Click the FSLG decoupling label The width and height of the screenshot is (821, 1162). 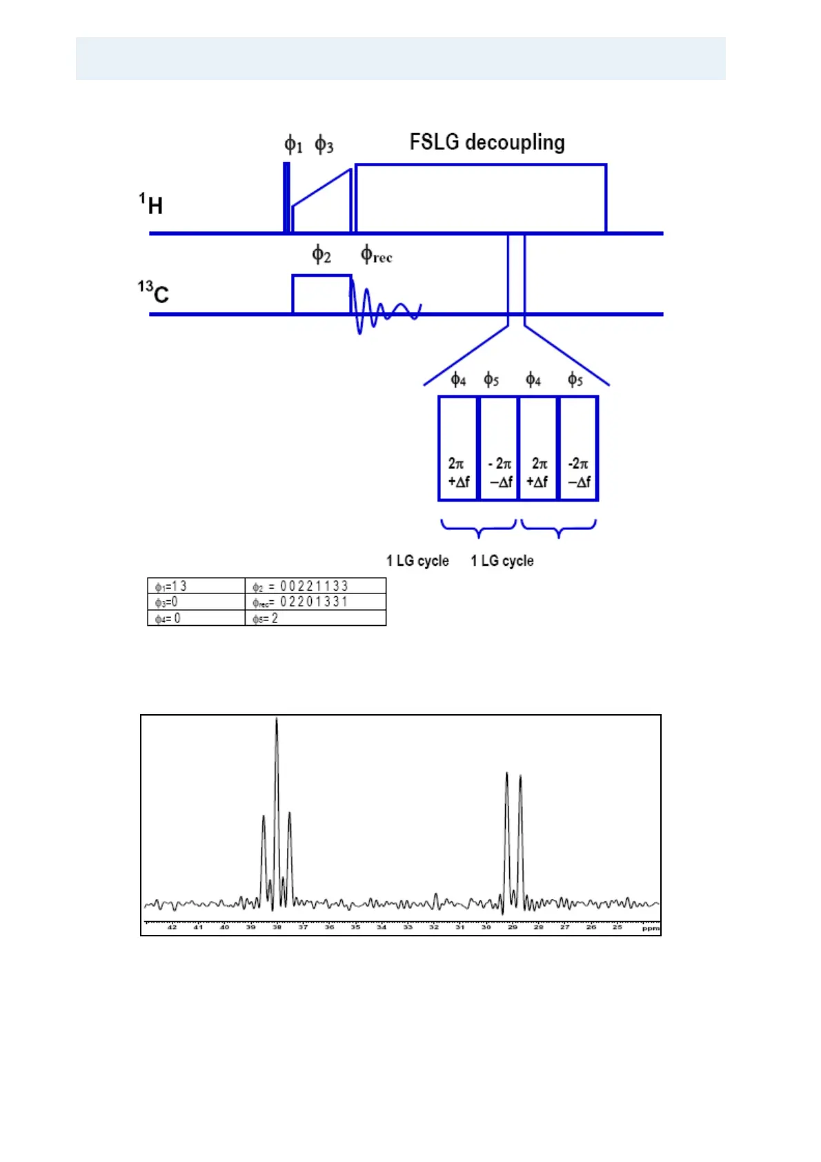tap(487, 142)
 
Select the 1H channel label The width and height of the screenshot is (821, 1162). tap(151, 204)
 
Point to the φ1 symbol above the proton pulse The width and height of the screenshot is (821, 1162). tap(293, 145)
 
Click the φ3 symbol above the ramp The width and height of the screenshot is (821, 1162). tap(324, 145)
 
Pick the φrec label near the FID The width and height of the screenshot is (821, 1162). tap(376, 255)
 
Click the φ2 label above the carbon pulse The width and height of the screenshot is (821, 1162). tap(322, 255)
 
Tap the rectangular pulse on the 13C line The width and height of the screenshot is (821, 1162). tap(322, 295)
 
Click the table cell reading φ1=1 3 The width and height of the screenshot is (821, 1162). tap(196, 587)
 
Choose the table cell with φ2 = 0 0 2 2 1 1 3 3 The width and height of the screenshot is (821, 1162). tap(315, 587)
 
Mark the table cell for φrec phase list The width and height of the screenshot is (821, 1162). tap(315, 602)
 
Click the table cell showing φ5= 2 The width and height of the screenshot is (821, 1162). tap(315, 618)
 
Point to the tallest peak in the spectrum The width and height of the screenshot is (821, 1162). tap(277, 722)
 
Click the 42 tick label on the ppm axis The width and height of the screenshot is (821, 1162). tap(172, 927)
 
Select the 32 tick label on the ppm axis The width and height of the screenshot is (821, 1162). tap(434, 927)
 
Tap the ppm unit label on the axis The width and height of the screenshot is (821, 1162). tap(651, 928)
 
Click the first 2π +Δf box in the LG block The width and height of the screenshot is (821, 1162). tap(458, 449)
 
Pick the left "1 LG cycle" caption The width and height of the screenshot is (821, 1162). tap(417, 561)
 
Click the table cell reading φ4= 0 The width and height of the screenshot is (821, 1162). tap(196, 618)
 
